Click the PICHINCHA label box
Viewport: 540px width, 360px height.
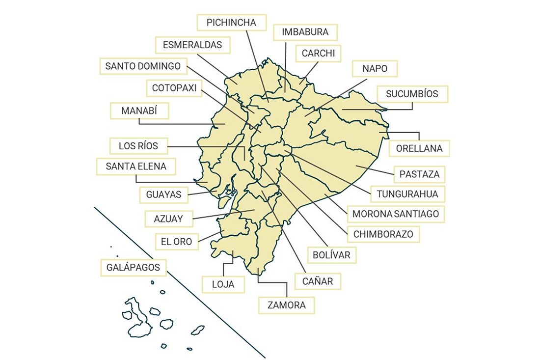click(x=231, y=23)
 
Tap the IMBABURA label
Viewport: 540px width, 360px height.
click(x=305, y=32)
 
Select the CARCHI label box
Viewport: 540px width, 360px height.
click(x=318, y=54)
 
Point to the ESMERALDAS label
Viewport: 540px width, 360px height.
click(x=192, y=45)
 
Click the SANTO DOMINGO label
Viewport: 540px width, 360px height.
click(x=143, y=66)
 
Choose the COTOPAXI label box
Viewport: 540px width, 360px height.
click(x=174, y=88)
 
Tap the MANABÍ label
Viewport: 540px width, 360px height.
click(x=138, y=111)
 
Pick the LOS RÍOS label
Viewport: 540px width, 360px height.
click(x=138, y=146)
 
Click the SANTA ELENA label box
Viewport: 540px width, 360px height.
click(x=136, y=166)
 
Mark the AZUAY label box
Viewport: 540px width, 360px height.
click(x=168, y=219)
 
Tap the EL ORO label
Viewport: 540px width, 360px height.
click(x=176, y=241)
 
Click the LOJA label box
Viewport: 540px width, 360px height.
click(x=223, y=284)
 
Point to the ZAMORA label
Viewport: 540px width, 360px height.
click(x=286, y=305)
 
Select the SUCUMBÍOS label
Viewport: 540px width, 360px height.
click(x=412, y=94)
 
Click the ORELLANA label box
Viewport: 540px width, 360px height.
click(x=419, y=148)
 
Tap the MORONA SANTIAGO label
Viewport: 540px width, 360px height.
click(x=396, y=214)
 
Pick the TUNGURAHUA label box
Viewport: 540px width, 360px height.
click(x=407, y=194)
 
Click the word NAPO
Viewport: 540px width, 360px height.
click(x=375, y=69)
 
